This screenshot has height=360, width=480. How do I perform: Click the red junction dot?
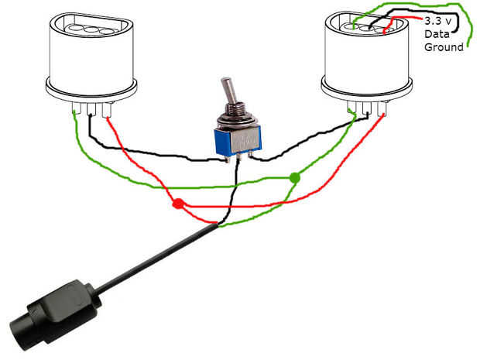coord(178,205)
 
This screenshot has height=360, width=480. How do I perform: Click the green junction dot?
coord(294,178)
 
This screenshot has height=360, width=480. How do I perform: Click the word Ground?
coord(443,47)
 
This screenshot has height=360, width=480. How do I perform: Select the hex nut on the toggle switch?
coord(233,121)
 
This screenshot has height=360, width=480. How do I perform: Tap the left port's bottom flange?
coord(92,91)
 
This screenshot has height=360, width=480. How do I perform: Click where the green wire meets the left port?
coord(76,112)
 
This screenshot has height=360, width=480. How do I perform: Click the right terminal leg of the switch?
coord(250,156)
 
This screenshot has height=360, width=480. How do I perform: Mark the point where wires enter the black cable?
coord(216,225)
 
